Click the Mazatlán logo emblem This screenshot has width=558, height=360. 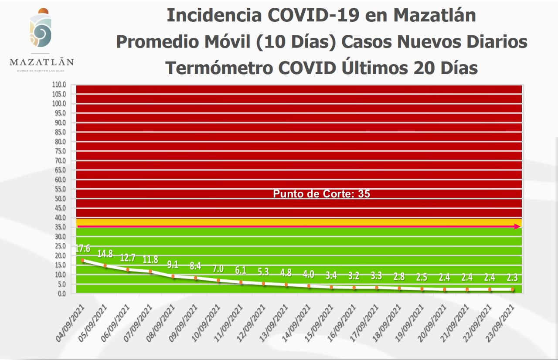[41, 30]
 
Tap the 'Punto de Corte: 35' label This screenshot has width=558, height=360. [321, 194]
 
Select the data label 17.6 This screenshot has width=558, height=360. [83, 249]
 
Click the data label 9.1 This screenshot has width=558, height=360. [173, 264]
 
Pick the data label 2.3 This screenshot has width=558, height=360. [513, 278]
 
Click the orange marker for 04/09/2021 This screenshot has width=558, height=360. [83, 260]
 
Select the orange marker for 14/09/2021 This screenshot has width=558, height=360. [309, 286]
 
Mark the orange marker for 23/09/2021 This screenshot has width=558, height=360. [513, 289]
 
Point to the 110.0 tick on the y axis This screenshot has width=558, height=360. [59, 85]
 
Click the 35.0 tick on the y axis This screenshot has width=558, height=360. [60, 227]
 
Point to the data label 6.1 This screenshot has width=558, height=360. [241, 271]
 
